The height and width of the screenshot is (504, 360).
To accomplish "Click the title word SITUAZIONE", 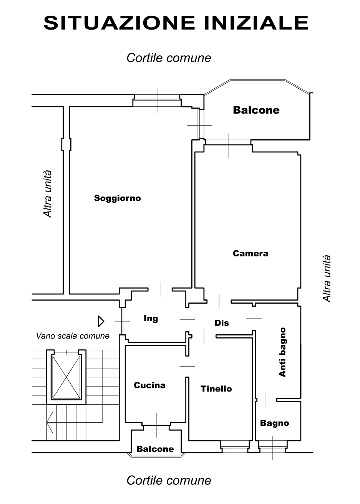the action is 119,23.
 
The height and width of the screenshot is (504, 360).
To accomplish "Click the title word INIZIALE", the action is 256,23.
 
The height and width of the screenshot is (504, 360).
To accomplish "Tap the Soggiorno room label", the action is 117,198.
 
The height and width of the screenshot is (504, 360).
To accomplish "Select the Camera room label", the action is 251,253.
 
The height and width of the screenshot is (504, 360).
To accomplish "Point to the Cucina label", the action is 149,385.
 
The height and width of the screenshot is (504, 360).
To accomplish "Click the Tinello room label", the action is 216,389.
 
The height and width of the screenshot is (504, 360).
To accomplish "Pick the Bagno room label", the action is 274,423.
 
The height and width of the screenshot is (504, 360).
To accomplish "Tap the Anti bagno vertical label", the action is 282,352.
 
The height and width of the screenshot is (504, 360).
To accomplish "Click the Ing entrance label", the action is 151,319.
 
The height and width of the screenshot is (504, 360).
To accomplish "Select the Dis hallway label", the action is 222,323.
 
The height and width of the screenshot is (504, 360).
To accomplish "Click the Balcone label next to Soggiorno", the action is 256,110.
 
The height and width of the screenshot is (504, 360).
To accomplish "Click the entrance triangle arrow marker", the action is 101,321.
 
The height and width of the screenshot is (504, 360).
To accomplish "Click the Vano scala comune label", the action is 73,336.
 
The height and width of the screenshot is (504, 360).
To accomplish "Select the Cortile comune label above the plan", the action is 169,58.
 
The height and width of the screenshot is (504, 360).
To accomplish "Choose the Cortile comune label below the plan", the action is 169,481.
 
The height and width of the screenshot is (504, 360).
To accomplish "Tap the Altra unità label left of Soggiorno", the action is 48,194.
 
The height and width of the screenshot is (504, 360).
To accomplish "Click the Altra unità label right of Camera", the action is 327,279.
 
